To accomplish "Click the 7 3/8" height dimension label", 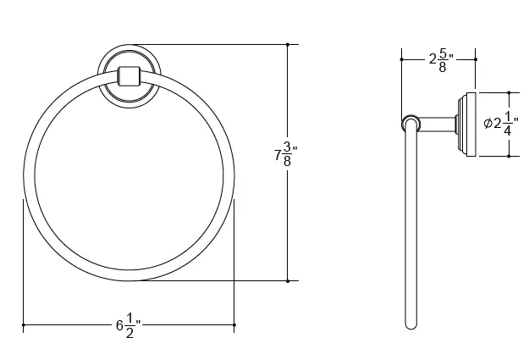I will click(x=285, y=155).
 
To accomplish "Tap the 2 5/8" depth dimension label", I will click(x=441, y=58).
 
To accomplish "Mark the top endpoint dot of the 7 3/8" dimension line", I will click(x=288, y=44).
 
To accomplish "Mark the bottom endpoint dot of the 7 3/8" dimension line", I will click(x=288, y=280).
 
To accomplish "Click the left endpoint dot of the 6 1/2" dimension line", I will click(x=23, y=324).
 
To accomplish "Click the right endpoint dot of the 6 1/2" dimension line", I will click(x=234, y=324).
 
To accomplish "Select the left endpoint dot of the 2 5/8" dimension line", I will click(x=401, y=59).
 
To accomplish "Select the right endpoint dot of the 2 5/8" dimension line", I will click(x=477, y=59).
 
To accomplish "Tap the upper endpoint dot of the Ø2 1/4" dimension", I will click(x=509, y=91).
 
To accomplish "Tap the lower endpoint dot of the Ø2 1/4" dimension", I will click(x=509, y=155).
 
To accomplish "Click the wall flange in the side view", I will click(x=466, y=124).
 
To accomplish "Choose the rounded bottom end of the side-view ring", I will click(x=411, y=324).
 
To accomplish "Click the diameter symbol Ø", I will click(x=488, y=124).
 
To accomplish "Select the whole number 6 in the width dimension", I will click(x=119, y=324).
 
